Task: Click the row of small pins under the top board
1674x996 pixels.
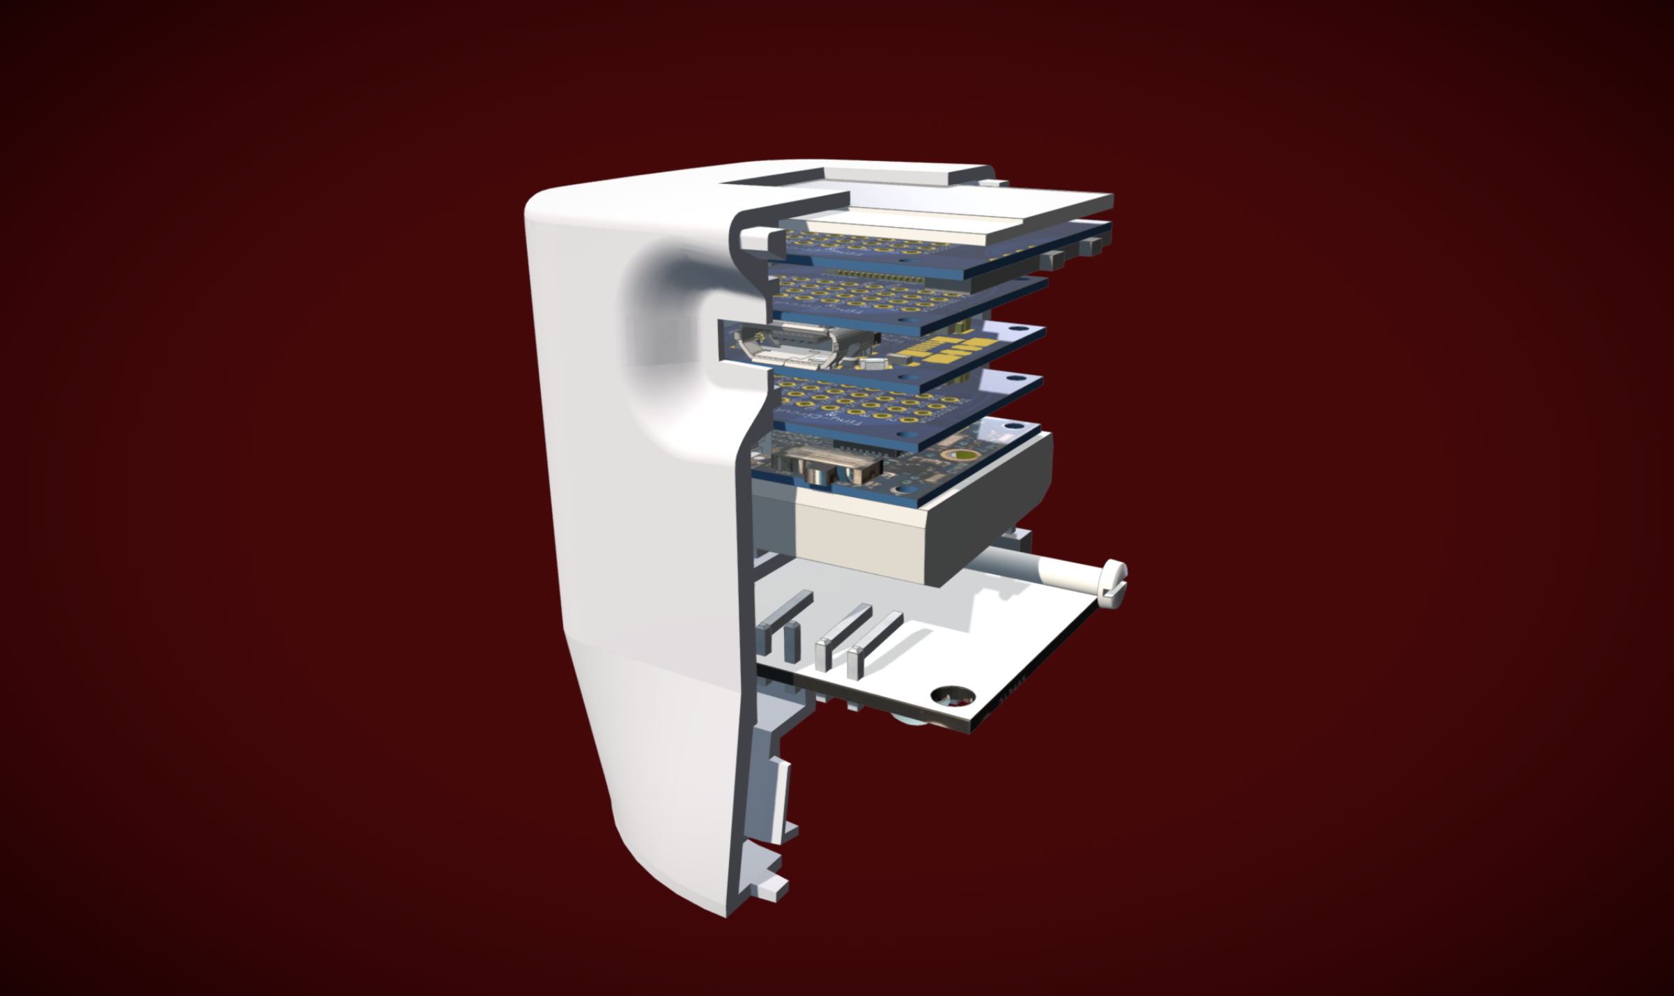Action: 878,273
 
